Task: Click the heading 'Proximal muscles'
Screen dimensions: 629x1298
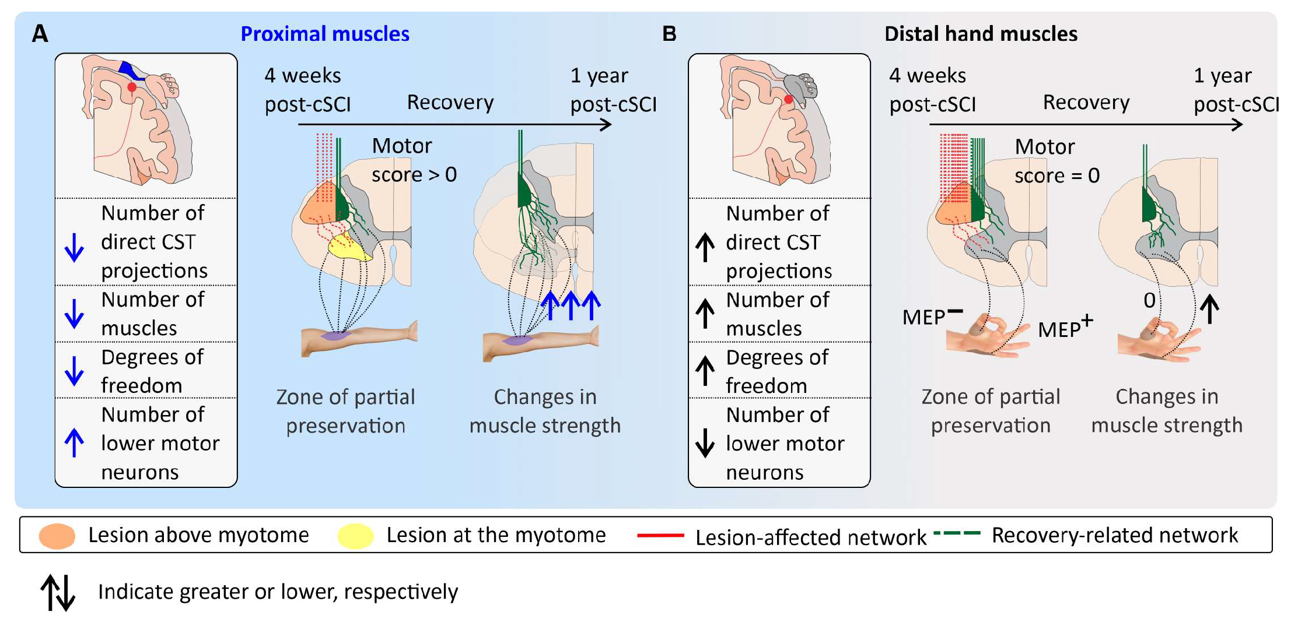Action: pyautogui.click(x=324, y=34)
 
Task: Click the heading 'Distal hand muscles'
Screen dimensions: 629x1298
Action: pyautogui.click(x=980, y=34)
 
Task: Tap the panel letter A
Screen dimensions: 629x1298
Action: pyautogui.click(x=40, y=34)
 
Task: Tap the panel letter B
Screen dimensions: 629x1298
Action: pyautogui.click(x=669, y=34)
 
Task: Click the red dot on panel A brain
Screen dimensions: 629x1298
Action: pyautogui.click(x=132, y=87)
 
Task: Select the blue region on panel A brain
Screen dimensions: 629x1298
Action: pyautogui.click(x=129, y=69)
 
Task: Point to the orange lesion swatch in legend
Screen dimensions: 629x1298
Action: pyautogui.click(x=57, y=536)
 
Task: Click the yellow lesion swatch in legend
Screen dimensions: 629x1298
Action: pyautogui.click(x=355, y=536)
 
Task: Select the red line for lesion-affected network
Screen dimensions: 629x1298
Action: pyautogui.click(x=660, y=535)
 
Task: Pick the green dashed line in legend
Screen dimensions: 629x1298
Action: pyautogui.click(x=956, y=533)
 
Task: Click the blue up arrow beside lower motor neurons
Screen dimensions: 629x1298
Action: pyautogui.click(x=74, y=442)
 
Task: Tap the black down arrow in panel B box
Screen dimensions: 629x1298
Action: pyautogui.click(x=705, y=442)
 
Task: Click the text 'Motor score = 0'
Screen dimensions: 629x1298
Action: pyautogui.click(x=1056, y=161)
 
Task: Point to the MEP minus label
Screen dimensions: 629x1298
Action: pyautogui.click(x=931, y=317)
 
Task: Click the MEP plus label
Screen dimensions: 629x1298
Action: pyautogui.click(x=1065, y=328)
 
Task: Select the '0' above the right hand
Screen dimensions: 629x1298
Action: pyautogui.click(x=1149, y=300)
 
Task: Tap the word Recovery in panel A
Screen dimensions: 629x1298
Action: pyautogui.click(x=450, y=103)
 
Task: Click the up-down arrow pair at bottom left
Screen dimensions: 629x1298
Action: pyautogui.click(x=58, y=592)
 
